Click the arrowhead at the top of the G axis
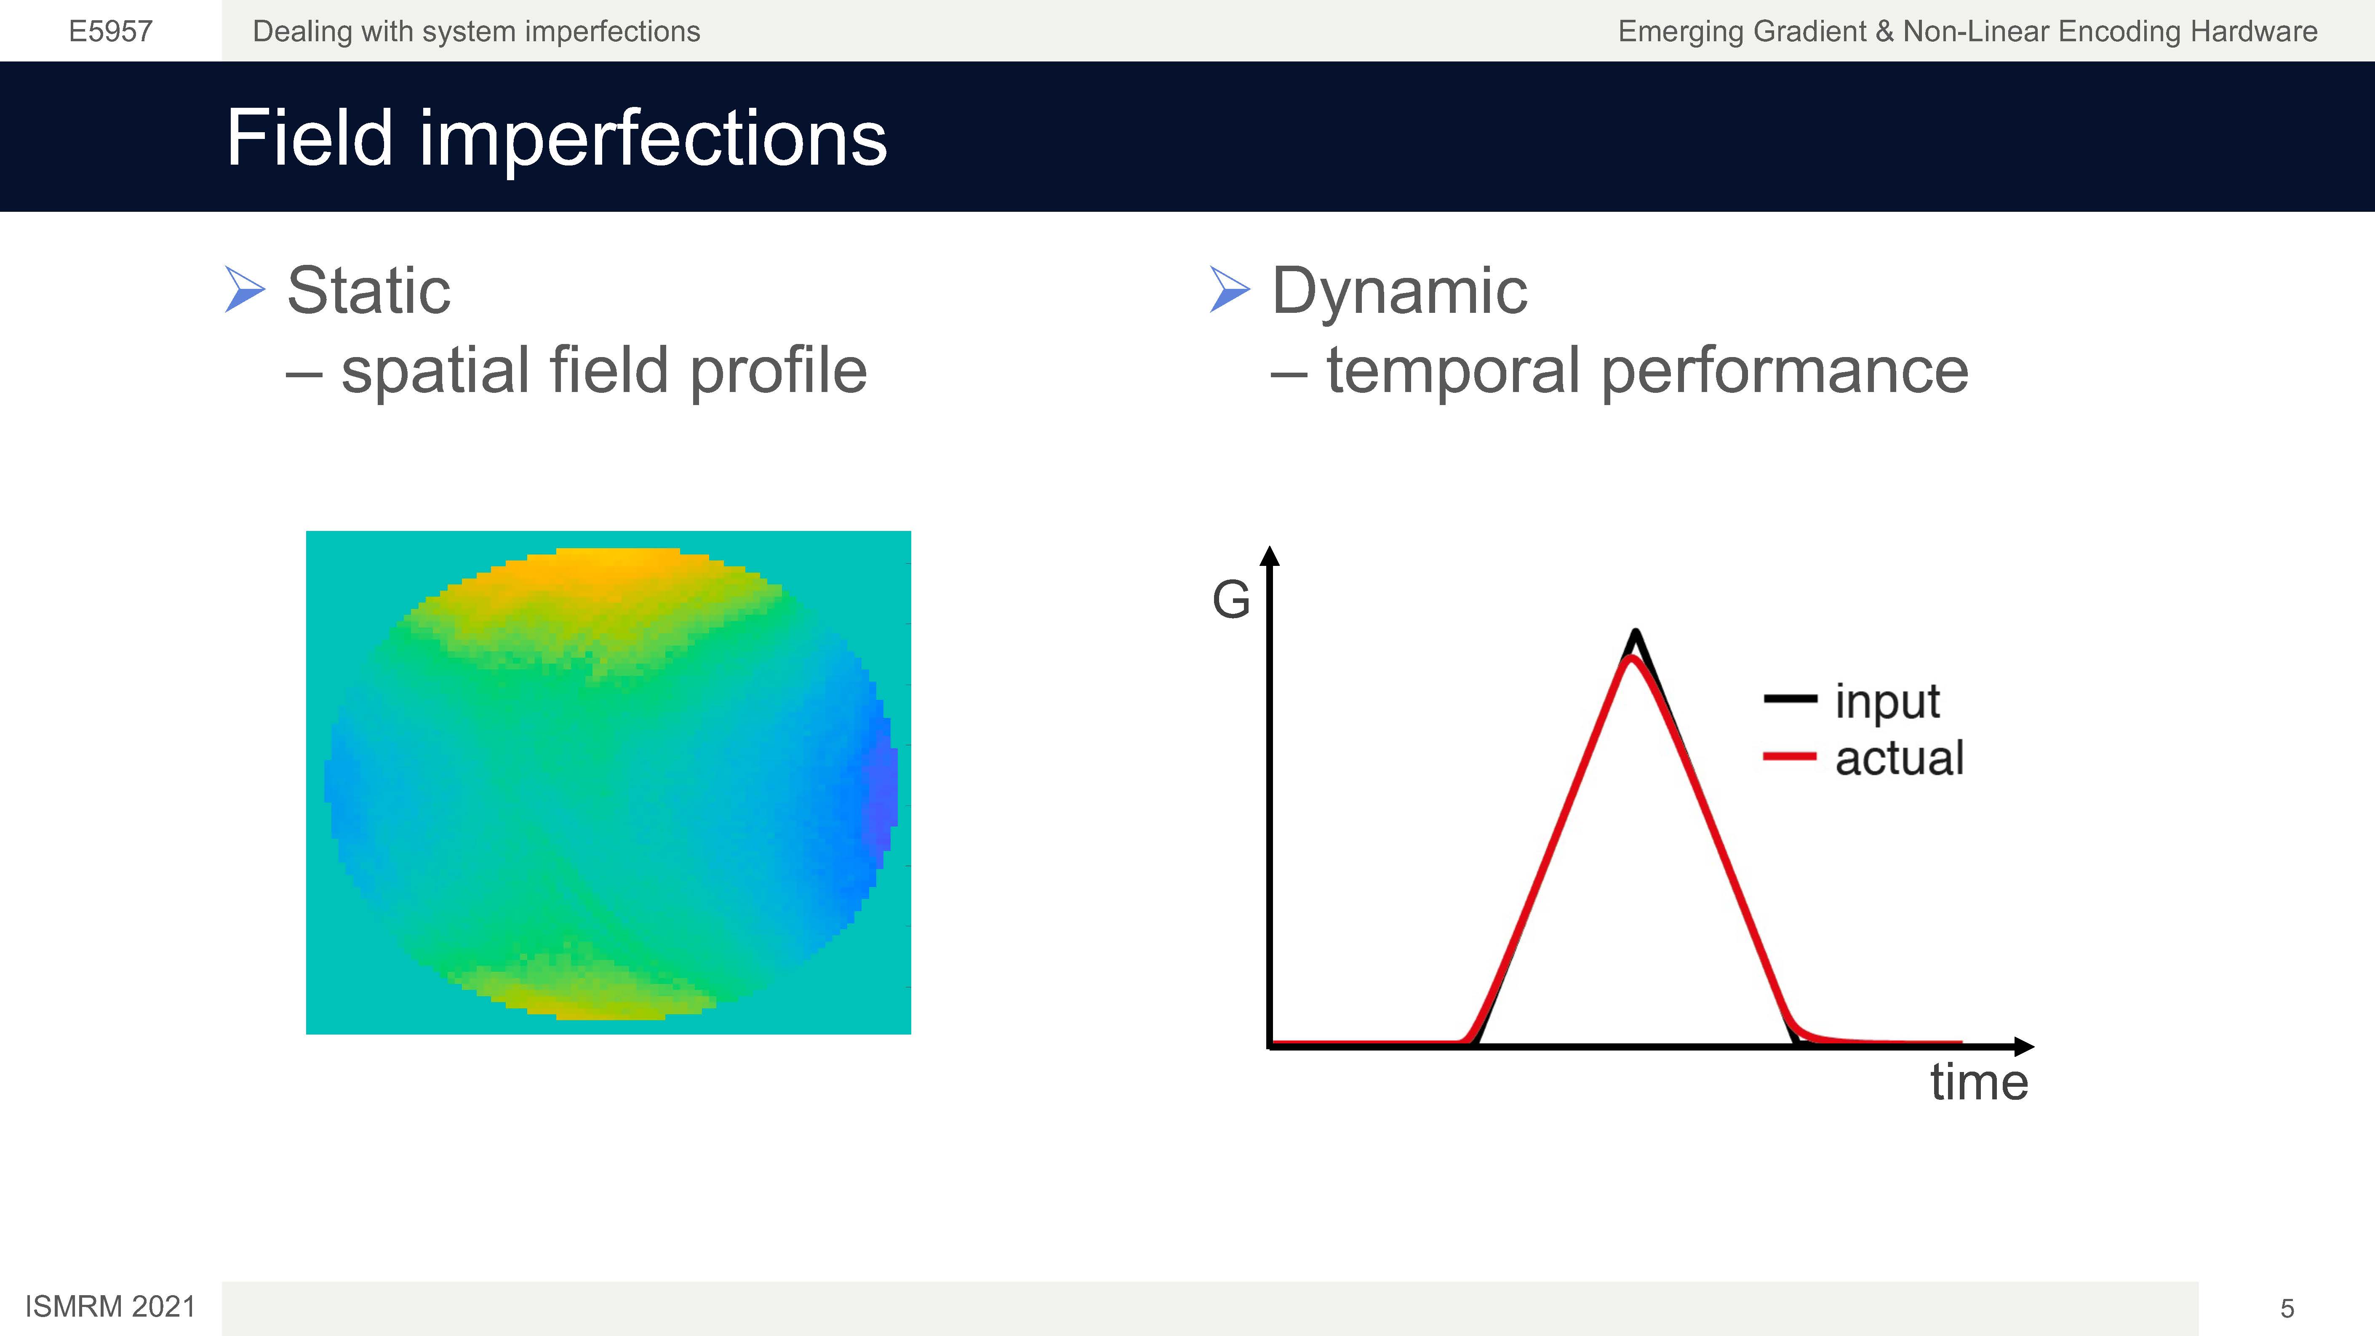click(1270, 555)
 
